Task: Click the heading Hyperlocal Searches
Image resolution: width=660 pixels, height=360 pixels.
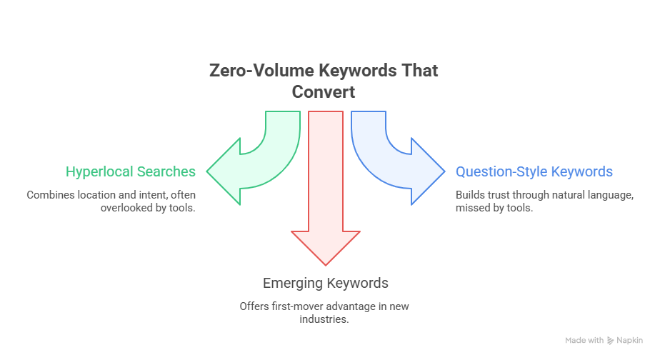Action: pos(131,171)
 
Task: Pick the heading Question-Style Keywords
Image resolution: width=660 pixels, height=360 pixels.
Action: pos(534,171)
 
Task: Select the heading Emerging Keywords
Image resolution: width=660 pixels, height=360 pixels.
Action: pos(326,283)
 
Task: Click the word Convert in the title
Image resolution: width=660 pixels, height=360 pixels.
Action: pos(324,92)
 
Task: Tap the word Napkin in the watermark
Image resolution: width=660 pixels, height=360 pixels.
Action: pos(630,341)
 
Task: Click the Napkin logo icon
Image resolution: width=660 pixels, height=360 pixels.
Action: pos(611,341)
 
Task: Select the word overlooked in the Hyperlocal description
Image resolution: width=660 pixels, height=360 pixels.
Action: pos(120,207)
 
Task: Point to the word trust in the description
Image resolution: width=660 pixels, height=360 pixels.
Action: pos(496,194)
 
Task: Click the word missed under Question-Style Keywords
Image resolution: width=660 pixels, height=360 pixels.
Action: pos(471,207)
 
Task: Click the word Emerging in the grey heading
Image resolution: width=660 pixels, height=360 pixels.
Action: pos(293,283)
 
